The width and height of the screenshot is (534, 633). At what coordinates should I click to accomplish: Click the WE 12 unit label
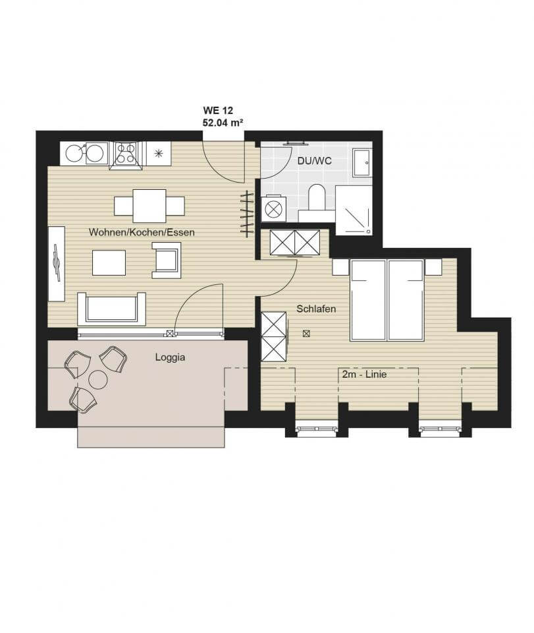click(218, 110)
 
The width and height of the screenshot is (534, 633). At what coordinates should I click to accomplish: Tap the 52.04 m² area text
click(223, 123)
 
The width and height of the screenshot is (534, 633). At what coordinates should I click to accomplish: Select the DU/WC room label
click(315, 161)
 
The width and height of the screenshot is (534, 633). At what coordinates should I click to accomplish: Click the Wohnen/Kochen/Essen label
click(142, 232)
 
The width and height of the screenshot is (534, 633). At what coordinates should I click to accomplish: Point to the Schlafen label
click(316, 309)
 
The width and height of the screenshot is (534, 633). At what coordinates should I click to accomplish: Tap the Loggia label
click(170, 357)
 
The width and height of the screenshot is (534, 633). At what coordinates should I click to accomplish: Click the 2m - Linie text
click(364, 375)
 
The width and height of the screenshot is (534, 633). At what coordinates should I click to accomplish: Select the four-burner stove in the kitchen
click(125, 154)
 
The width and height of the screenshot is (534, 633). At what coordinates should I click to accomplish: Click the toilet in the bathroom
click(317, 197)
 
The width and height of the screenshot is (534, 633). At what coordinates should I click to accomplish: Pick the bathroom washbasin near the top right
click(362, 163)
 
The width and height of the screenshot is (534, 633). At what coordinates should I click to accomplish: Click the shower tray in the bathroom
click(354, 210)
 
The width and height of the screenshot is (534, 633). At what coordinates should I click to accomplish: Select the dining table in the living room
click(149, 206)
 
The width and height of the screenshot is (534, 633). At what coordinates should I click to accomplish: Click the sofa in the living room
click(112, 309)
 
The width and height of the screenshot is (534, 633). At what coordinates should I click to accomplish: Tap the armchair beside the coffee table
click(167, 260)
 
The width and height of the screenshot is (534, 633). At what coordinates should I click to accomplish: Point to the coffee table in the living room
click(109, 262)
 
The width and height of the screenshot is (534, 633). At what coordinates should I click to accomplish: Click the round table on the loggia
click(98, 380)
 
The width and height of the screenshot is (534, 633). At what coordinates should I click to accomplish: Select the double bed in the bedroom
click(387, 300)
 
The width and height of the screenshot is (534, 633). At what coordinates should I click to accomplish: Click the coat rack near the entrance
click(247, 214)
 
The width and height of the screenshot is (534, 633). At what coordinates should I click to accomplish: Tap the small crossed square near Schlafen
click(307, 334)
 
